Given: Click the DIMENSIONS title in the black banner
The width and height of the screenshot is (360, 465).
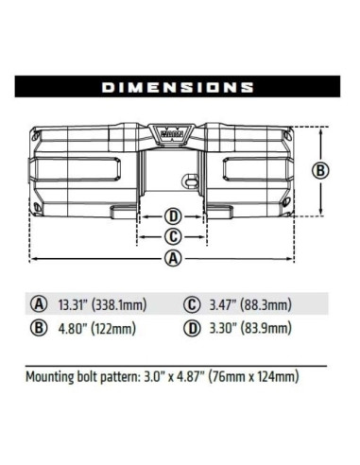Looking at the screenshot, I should pyautogui.click(x=180, y=87).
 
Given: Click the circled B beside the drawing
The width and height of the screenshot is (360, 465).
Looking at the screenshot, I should pyautogui.click(x=320, y=171).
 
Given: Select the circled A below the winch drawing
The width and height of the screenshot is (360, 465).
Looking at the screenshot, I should pyautogui.click(x=173, y=258).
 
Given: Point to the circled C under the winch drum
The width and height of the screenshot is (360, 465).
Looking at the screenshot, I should pyautogui.click(x=173, y=236).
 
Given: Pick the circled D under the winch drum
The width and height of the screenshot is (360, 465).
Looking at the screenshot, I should pyautogui.click(x=173, y=215).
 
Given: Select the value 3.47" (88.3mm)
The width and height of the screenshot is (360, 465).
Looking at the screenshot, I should pyautogui.click(x=249, y=304).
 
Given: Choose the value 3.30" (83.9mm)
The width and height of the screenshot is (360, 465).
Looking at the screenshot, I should pyautogui.click(x=249, y=330).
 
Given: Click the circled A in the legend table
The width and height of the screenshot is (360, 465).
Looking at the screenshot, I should pyautogui.click(x=39, y=304).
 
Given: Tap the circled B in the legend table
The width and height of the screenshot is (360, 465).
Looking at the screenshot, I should pyautogui.click(x=39, y=330).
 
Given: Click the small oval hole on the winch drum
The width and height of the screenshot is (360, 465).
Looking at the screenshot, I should pyautogui.click(x=190, y=176).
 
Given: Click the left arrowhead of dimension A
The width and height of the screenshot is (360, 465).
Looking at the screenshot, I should pyautogui.click(x=31, y=258).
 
